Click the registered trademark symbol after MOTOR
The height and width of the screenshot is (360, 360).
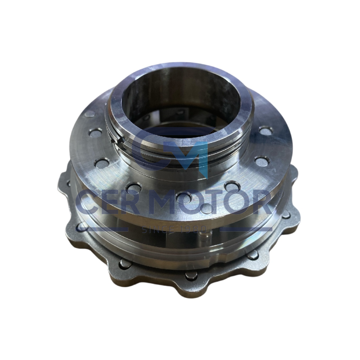coord(282,194)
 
